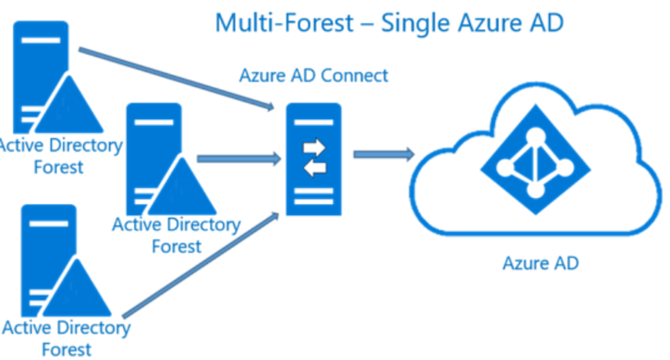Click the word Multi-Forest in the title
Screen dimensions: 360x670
(284, 23)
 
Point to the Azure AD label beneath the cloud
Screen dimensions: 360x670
(540, 263)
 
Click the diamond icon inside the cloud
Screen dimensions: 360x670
(532, 163)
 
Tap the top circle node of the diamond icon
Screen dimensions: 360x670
(532, 136)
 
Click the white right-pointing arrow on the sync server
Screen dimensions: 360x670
(314, 147)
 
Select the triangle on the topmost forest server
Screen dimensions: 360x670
(69, 108)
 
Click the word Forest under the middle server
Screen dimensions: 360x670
(177, 246)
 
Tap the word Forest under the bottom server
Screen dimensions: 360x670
(67, 349)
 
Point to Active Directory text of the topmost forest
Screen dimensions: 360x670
(60, 145)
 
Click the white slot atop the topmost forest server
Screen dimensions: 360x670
(41, 40)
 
